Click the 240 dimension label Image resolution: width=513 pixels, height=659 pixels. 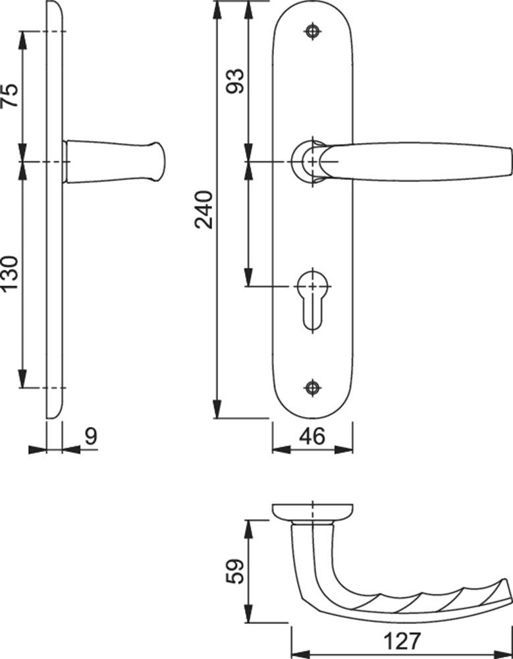click(203, 210)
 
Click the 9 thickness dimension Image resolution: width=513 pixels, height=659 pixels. click(91, 436)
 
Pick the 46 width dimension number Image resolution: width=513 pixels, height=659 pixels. click(312, 436)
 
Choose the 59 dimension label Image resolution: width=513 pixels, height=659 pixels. click(234, 571)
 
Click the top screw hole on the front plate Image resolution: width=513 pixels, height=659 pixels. click(312, 31)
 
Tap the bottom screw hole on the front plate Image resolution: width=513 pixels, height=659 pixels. click(312, 387)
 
